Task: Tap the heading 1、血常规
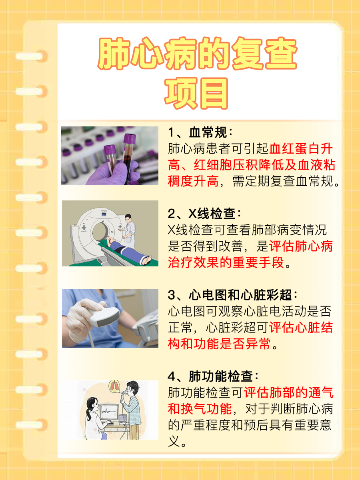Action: click(200, 133)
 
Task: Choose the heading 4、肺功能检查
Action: click(213, 376)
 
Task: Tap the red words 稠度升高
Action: click(193, 181)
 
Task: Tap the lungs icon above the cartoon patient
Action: click(115, 388)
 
